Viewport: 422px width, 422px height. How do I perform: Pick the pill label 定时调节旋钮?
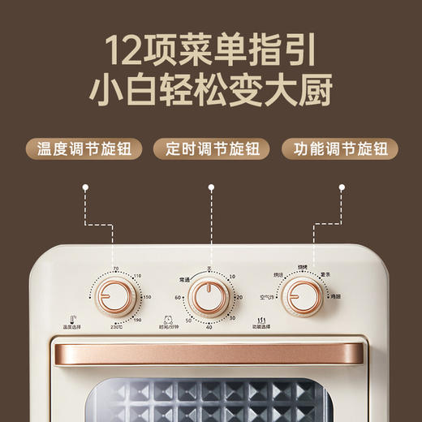coord(211,149)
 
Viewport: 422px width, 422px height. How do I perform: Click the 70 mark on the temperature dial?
coord(116,269)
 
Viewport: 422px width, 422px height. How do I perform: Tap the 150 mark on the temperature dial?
coord(147,297)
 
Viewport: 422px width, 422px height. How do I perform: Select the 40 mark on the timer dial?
coord(209,327)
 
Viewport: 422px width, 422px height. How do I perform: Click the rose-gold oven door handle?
coord(209,355)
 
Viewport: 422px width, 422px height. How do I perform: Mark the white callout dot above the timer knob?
coord(211,187)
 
